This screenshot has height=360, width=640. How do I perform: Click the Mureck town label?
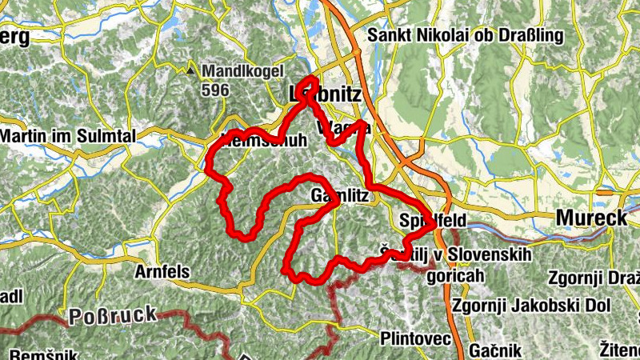pyautogui.click(x=590, y=217)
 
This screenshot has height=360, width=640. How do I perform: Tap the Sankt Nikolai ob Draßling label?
pyautogui.click(x=466, y=36)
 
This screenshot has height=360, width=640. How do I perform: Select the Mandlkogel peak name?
pyautogui.click(x=238, y=70)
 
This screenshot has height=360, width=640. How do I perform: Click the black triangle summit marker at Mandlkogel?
pyautogui.click(x=190, y=71)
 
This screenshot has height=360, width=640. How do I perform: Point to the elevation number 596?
pyautogui.click(x=215, y=90)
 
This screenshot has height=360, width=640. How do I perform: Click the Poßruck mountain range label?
pyautogui.click(x=113, y=314)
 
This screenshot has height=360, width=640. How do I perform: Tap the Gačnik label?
pyautogui.click(x=495, y=350)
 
